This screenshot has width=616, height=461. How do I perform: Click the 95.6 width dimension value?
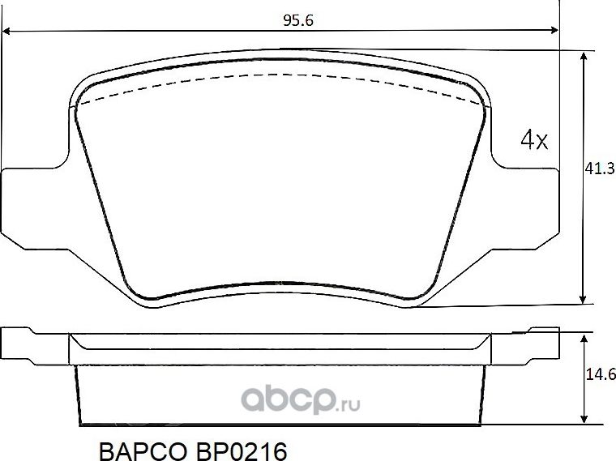297,21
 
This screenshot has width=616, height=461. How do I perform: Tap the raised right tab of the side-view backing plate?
543,330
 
